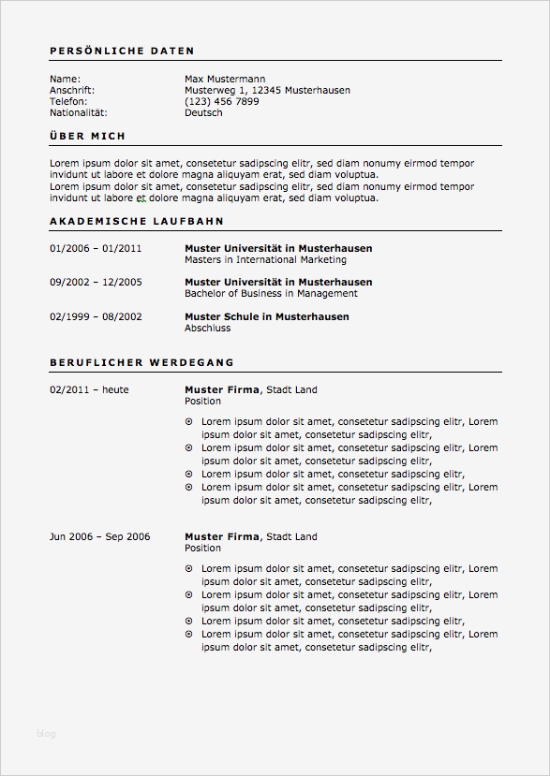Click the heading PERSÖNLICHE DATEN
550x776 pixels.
tap(122, 51)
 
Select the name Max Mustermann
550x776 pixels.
tap(225, 79)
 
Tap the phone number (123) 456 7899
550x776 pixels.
tap(222, 101)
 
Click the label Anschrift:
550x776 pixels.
tap(72, 90)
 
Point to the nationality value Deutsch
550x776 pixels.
tap(203, 112)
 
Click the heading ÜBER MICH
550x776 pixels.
tap(87, 137)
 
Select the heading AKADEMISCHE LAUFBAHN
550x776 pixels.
tap(136, 222)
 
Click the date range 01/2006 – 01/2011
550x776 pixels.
tap(96, 248)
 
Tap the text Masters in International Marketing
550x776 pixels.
tap(265, 259)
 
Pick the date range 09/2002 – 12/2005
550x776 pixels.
tap(96, 282)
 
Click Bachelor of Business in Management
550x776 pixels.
tap(271, 293)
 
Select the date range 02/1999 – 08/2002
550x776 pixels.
tap(96, 316)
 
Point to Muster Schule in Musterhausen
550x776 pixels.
tap(266, 316)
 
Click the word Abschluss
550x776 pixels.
tap(207, 328)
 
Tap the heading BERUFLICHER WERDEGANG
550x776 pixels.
tap(141, 361)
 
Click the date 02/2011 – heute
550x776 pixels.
tap(89, 389)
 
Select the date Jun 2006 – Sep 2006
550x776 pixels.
tap(99, 536)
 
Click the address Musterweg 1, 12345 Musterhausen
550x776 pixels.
tap(267, 90)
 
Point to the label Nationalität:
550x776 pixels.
tap(76, 112)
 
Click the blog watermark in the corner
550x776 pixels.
tap(46, 733)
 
